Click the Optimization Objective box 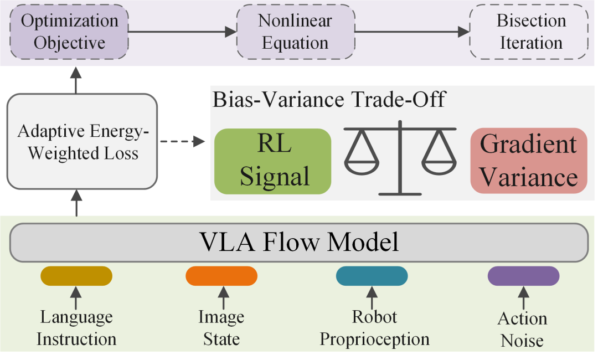pyautogui.click(x=69, y=32)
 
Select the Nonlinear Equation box pyautogui.click(x=296, y=32)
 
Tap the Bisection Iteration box pyautogui.click(x=529, y=32)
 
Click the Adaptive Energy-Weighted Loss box pyautogui.click(x=83, y=141)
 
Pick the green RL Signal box pyautogui.click(x=272, y=161)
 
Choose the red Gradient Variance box pyautogui.click(x=529, y=161)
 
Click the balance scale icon pyautogui.click(x=400, y=157)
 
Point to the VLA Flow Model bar pyautogui.click(x=299, y=243)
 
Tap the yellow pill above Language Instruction pyautogui.click(x=76, y=276)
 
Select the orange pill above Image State pyautogui.click(x=221, y=276)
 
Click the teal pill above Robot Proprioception pyautogui.click(x=372, y=276)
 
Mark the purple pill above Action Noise pyautogui.click(x=524, y=276)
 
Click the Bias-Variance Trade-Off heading pyautogui.click(x=329, y=100)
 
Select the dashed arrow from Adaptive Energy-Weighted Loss pyautogui.click(x=183, y=141)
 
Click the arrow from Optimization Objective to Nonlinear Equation pyautogui.click(x=183, y=32)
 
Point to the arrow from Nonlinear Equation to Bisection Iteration pyautogui.click(x=413, y=32)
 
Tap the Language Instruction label pyautogui.click(x=76, y=328)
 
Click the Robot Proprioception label pyautogui.click(x=374, y=328)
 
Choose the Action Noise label pyautogui.click(x=523, y=330)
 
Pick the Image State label pyautogui.click(x=221, y=328)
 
